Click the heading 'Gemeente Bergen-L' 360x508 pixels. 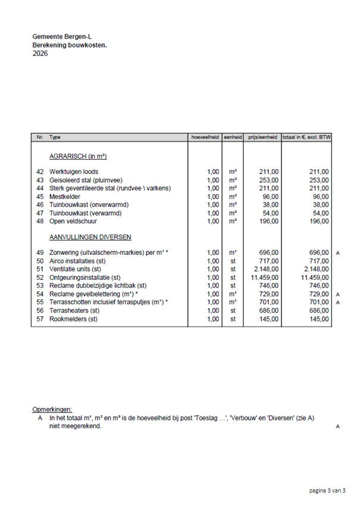tap(58, 37)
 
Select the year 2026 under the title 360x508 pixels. tap(40, 54)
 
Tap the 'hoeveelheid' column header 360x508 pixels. tap(205, 137)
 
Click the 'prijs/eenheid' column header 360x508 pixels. tap(264, 137)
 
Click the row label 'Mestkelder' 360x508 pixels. tap(66, 197)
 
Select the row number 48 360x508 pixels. tap(40, 222)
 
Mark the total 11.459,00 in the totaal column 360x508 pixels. tap(315, 278)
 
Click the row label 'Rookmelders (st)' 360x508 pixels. tap(74, 319)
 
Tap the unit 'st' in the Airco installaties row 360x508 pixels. tap(233, 261)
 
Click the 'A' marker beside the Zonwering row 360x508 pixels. tap(337, 253)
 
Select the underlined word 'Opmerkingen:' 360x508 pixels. tap(52, 410)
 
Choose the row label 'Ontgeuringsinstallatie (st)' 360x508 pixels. tap(85, 278)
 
